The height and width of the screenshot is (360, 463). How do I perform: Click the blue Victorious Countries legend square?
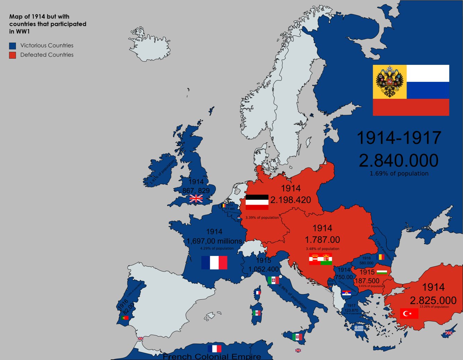pos(12,46)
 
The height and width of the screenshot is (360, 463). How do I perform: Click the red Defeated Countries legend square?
pos(12,55)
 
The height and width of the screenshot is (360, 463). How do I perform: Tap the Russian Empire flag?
pos(411,90)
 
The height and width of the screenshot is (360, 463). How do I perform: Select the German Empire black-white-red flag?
pos(257,202)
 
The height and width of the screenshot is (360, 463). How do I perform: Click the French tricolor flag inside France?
pos(214,263)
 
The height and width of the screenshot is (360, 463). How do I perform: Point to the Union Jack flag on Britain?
pos(196,198)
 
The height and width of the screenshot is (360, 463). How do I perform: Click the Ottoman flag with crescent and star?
pos(409,314)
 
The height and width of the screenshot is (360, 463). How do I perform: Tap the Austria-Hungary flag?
pos(320,259)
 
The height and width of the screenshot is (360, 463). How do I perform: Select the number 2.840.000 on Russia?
pos(398,161)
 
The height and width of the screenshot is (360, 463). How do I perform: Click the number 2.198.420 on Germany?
pos(291,200)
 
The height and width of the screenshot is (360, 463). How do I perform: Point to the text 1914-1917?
pos(399,138)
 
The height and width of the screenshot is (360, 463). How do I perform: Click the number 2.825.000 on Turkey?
pos(433,300)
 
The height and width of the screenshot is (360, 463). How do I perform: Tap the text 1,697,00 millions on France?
pos(214,241)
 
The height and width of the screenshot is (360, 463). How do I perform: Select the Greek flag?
pos(359,328)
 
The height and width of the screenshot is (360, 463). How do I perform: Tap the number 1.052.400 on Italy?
pos(263,269)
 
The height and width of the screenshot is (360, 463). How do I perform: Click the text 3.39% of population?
pos(262,218)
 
